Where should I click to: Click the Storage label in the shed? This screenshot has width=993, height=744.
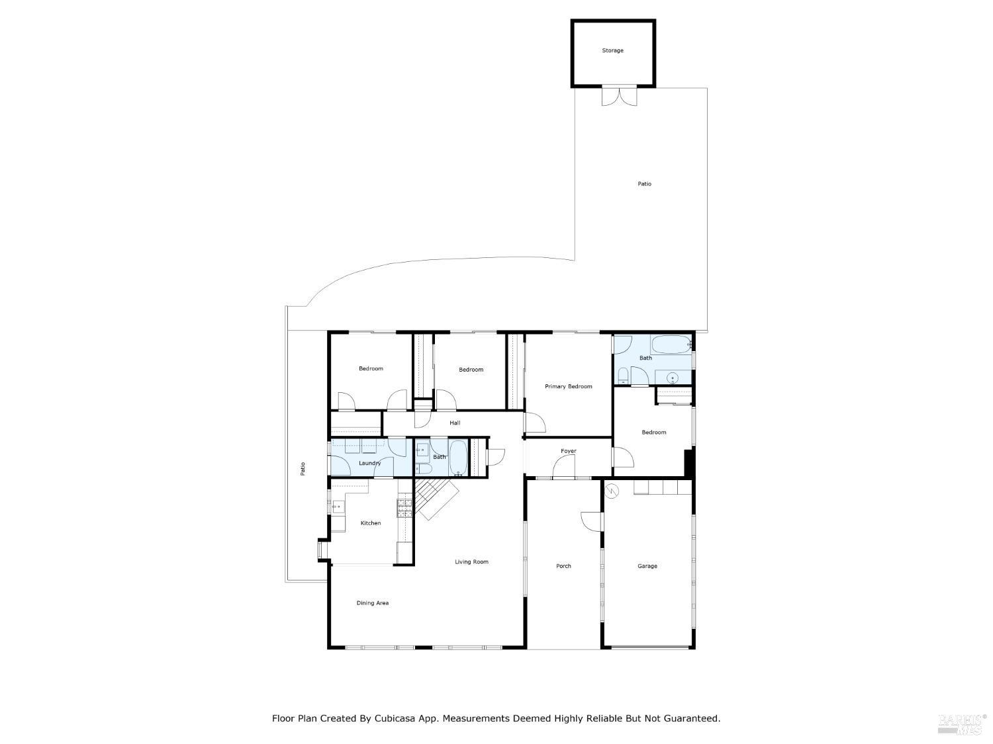pyautogui.click(x=612, y=50)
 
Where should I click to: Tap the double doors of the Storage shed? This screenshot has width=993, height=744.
pyautogui.click(x=619, y=97)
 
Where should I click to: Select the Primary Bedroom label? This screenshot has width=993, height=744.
pyautogui.click(x=568, y=386)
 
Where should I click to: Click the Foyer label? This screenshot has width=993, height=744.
pyautogui.click(x=568, y=451)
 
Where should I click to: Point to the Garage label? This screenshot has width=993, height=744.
pyautogui.click(x=647, y=566)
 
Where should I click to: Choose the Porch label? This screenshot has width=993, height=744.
pyautogui.click(x=563, y=566)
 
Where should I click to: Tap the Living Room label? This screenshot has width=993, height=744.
pyautogui.click(x=471, y=562)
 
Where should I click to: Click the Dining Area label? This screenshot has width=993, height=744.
pyautogui.click(x=372, y=603)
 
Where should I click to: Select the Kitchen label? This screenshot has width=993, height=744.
pyautogui.click(x=370, y=523)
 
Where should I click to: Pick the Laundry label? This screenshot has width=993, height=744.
pyautogui.click(x=369, y=463)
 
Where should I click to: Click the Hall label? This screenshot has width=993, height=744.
pyautogui.click(x=455, y=423)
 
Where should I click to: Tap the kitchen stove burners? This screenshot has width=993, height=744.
pyautogui.click(x=404, y=508)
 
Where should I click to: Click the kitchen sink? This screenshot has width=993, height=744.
pyautogui.click(x=338, y=507)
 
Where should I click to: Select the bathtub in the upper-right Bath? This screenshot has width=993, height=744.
pyautogui.click(x=671, y=345)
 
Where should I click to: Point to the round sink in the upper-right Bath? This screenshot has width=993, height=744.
pyautogui.click(x=673, y=378)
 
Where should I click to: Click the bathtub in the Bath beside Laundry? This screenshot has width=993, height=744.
pyautogui.click(x=458, y=458)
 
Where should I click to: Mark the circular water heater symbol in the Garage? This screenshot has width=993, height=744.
pyautogui.click(x=612, y=491)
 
